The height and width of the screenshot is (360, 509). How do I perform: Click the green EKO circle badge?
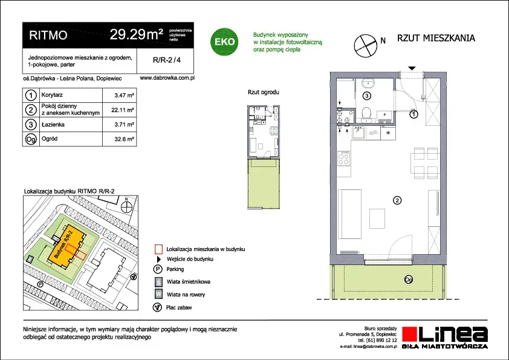(224, 42)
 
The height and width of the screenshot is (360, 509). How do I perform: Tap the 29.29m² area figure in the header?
(137, 34)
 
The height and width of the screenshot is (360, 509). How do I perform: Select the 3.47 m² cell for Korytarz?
(124, 96)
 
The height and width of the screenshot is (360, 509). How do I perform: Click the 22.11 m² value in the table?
(122, 110)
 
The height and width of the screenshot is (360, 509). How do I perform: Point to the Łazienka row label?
(53, 125)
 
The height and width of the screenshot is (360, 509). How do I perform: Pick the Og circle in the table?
(31, 139)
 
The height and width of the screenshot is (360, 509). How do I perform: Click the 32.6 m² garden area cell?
(124, 139)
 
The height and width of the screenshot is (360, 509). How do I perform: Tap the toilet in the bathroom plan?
(367, 114)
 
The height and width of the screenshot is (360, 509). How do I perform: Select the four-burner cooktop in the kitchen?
(344, 158)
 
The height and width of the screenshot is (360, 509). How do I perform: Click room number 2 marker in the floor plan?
(397, 200)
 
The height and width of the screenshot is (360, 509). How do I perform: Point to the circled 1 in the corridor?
(413, 114)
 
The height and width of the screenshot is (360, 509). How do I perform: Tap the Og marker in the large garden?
(409, 280)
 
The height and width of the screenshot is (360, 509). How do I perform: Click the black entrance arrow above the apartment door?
(412, 68)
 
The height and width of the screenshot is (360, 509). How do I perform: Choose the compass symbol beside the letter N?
(366, 46)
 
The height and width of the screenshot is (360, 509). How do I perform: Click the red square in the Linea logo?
(410, 335)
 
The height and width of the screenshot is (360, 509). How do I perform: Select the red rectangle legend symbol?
(158, 249)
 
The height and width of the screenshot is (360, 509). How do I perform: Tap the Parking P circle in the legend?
(157, 269)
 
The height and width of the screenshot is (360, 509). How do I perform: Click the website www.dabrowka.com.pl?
(167, 78)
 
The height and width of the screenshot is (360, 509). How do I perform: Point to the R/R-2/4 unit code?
(167, 60)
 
